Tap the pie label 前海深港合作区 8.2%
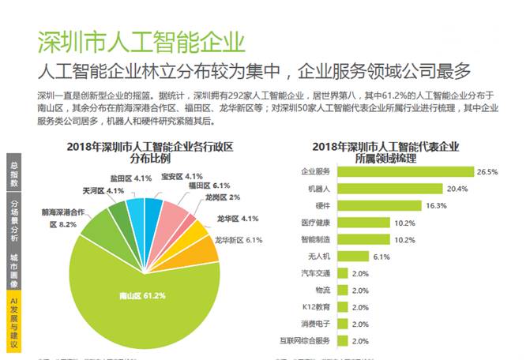pyautogui.click(x=62, y=219)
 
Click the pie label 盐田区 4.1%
pyautogui.click(x=130, y=178)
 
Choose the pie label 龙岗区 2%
pyautogui.click(x=228, y=197)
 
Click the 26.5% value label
pyautogui.click(x=487, y=171)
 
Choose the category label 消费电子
pyautogui.click(x=316, y=324)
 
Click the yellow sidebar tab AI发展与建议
pyautogui.click(x=13, y=324)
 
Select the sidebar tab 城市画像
pyautogui.click(x=13, y=268)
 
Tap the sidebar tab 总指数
pyautogui.click(x=13, y=174)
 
